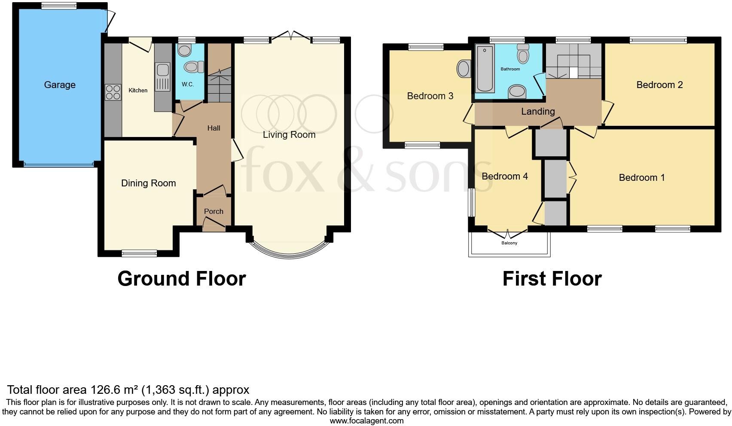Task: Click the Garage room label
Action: pos(60,85)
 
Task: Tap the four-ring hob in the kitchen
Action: pos(113,92)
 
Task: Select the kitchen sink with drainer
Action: pos(162,77)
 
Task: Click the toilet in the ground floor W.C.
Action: pos(194,67)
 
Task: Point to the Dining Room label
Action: pos(148,183)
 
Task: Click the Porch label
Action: pos(213,211)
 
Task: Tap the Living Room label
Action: pos(289,135)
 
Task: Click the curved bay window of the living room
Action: pos(290,254)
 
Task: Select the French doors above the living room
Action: pos(291,35)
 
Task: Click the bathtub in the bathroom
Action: pos(485,69)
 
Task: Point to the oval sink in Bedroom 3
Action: pos(464,69)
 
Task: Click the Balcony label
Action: pos(509,243)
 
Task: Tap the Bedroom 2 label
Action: pos(659,85)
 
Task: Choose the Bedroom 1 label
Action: pos(642,178)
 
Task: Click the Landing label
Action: pos(538,112)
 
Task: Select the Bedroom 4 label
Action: pos(505,176)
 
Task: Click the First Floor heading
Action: pos(552,279)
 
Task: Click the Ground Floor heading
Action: pos(181,279)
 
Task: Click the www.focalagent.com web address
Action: pos(366,421)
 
